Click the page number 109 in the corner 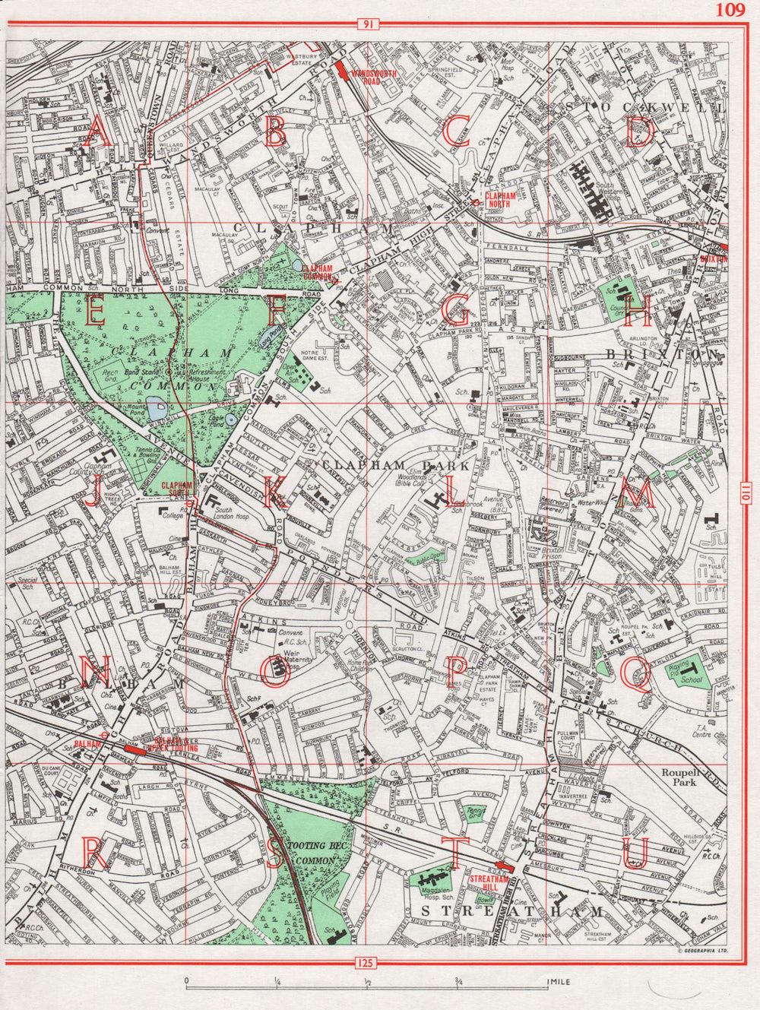pos(730,10)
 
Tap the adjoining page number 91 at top pos(368,25)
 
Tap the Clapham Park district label pos(372,463)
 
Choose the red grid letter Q pos(635,673)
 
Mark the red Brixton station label pos(714,258)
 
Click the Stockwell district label pos(642,106)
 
